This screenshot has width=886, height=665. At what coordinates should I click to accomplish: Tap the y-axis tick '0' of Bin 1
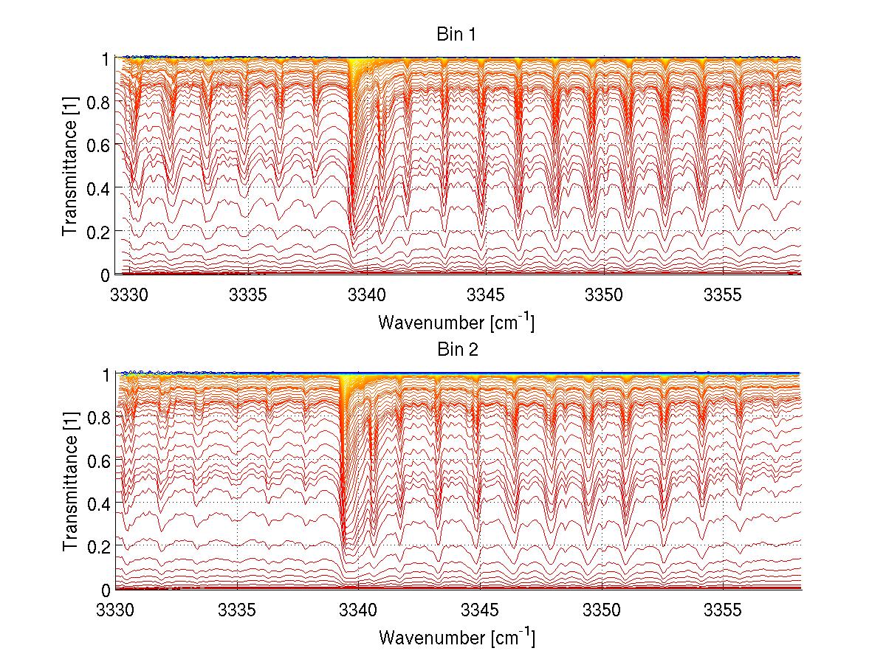click(x=106, y=275)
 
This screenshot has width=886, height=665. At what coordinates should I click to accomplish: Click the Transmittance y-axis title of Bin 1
click(x=70, y=166)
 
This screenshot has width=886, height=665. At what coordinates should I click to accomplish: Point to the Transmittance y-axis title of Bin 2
click(x=70, y=481)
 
